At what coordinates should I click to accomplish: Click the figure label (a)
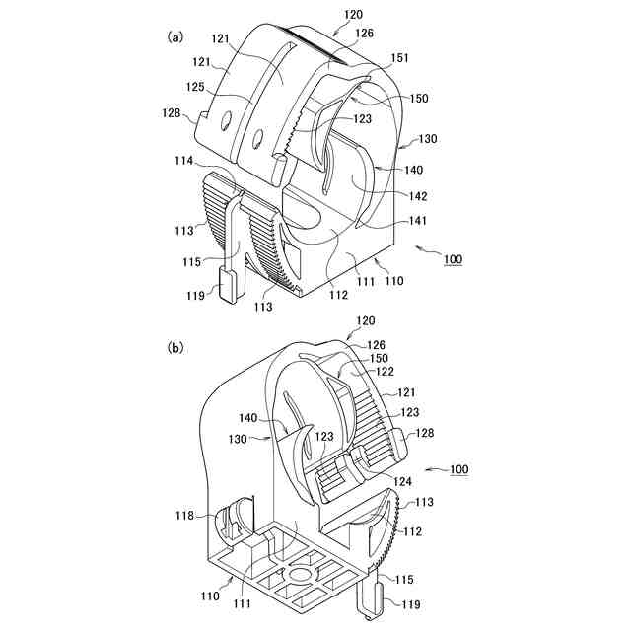click(175, 37)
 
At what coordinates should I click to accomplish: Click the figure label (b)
click(175, 347)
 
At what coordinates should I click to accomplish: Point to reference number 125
click(195, 88)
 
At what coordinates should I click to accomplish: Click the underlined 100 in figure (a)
click(453, 259)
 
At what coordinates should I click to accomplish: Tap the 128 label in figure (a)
click(172, 113)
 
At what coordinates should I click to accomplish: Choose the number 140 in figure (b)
click(246, 418)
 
